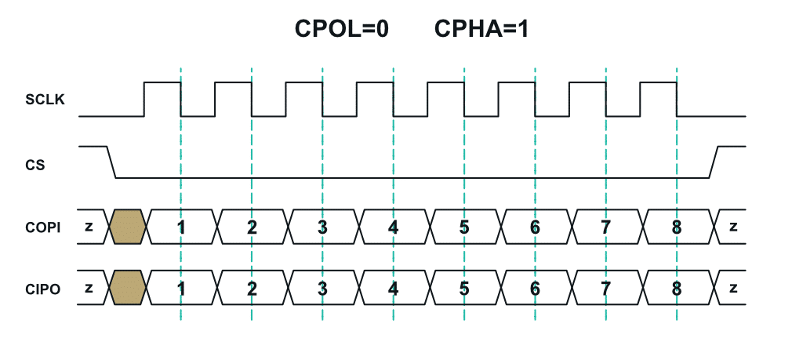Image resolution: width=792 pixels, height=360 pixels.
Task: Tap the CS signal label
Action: coord(35,165)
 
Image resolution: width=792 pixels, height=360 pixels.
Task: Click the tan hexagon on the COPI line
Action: coord(128,227)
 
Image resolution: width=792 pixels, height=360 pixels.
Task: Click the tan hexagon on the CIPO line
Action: coord(128,288)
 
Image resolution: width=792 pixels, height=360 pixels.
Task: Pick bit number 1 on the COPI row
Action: coord(181,227)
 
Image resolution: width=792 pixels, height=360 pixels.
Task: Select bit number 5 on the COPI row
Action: coord(464,227)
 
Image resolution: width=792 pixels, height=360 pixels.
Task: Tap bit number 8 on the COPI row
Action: coord(676,227)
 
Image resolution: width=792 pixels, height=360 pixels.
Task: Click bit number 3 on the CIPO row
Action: coord(322,288)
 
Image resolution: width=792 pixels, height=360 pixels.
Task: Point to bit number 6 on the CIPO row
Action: coord(535,288)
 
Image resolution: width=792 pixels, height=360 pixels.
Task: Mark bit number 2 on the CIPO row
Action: coord(252,288)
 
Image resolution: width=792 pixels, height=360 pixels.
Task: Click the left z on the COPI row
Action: coord(89,227)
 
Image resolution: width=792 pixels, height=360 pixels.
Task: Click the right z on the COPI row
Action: coord(733,227)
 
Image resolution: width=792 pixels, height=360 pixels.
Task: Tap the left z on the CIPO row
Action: coord(89,288)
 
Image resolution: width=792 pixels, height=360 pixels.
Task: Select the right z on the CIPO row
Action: coord(733,288)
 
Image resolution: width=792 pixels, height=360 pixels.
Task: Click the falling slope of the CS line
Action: coord(111,162)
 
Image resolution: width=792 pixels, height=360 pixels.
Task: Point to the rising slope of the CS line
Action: coord(714,162)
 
